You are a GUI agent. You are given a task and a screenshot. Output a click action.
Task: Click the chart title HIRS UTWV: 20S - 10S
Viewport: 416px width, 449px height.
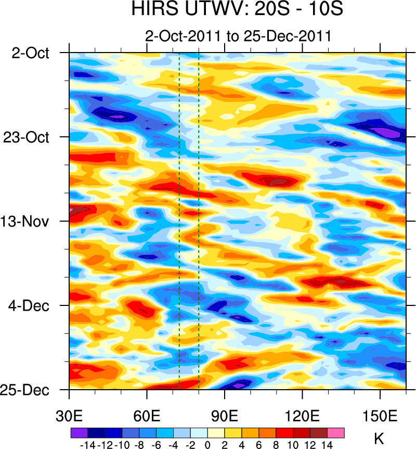[x=237, y=10]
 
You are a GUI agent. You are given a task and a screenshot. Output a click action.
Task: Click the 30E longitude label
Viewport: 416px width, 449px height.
[x=69, y=404]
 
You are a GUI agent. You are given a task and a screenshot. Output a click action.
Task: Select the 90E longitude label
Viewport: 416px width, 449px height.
[x=225, y=404]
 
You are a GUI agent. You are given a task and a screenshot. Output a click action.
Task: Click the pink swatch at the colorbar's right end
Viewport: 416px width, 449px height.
[x=335, y=432]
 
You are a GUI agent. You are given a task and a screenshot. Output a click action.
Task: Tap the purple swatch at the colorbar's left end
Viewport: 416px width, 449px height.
[x=79, y=432]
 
